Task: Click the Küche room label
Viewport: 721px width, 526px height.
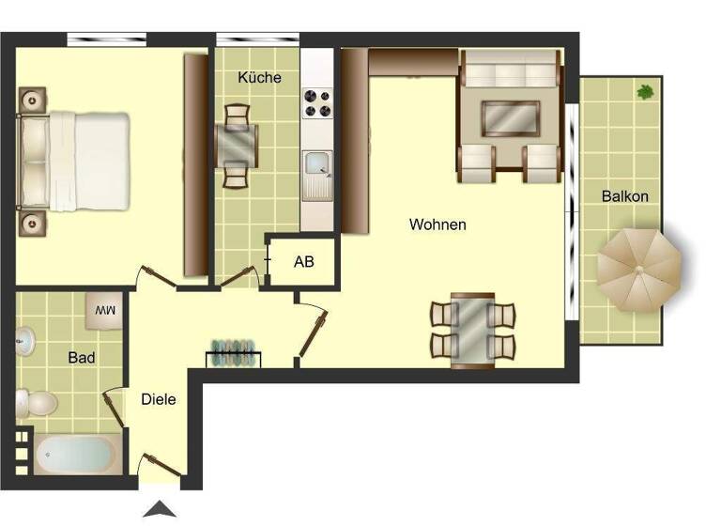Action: tap(259, 77)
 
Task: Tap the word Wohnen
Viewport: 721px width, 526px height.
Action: tap(437, 224)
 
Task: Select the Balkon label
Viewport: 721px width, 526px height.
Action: tap(625, 196)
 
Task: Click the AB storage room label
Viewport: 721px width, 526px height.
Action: tap(304, 262)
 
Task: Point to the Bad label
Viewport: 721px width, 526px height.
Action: tap(82, 358)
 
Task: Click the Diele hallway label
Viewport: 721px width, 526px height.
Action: tap(159, 399)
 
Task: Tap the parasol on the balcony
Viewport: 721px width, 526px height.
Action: tap(639, 271)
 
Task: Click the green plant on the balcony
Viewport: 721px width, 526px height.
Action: tap(646, 92)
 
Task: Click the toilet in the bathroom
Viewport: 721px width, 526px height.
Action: tap(36, 405)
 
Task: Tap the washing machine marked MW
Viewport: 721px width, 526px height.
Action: tap(104, 310)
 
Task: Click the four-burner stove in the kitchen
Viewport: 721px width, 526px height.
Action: tap(317, 102)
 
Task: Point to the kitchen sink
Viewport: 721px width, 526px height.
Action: tap(317, 165)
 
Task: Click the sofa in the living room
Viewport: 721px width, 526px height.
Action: tap(512, 70)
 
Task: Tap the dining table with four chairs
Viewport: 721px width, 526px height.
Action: tap(472, 329)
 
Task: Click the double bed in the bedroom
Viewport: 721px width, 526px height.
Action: tap(75, 162)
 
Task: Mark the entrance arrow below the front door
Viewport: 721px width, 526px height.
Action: tap(159, 509)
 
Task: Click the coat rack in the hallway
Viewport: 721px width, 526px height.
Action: tap(233, 353)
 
